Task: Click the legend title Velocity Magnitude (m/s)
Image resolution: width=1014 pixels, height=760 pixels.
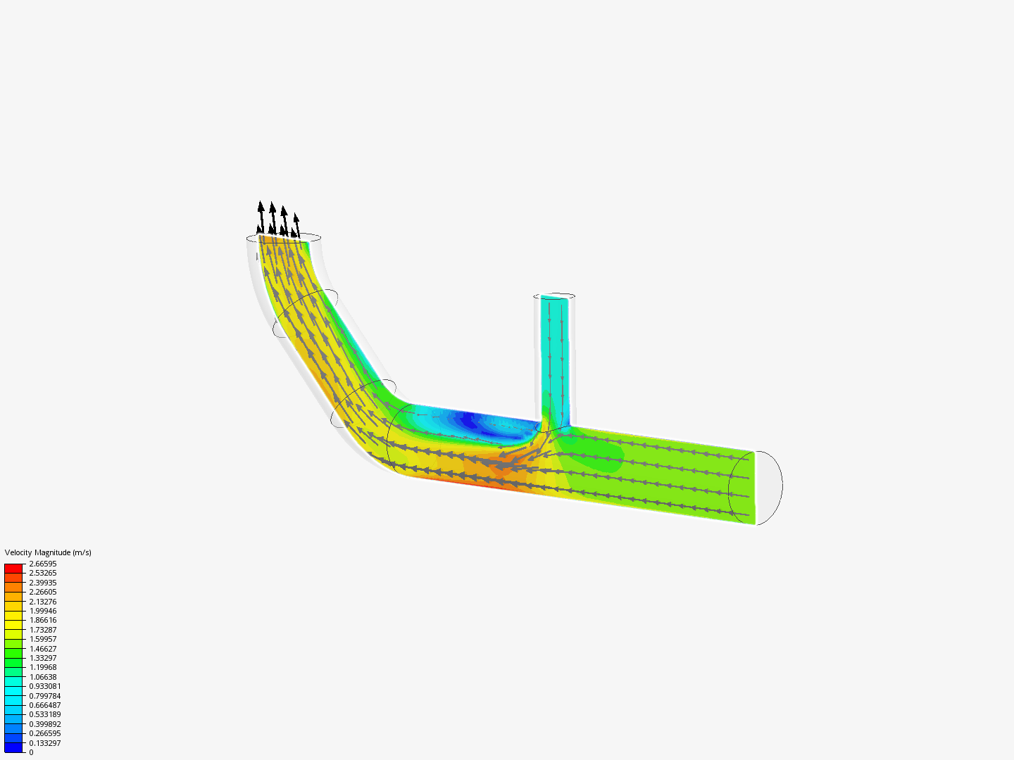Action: click(x=48, y=552)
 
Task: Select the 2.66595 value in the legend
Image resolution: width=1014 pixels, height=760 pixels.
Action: click(x=42, y=564)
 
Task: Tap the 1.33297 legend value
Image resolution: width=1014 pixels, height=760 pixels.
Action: click(x=42, y=658)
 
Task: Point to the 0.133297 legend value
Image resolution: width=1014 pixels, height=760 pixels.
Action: click(x=44, y=743)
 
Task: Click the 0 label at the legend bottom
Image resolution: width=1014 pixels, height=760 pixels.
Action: click(x=31, y=752)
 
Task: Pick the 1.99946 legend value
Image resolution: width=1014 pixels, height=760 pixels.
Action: click(x=42, y=611)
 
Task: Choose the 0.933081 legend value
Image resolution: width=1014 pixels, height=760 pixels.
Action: click(x=44, y=686)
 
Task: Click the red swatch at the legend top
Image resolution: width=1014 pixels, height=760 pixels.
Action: click(x=13, y=568)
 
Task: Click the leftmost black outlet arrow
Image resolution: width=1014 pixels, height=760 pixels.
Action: click(x=261, y=215)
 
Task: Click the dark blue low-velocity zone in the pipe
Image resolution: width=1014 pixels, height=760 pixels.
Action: click(x=468, y=422)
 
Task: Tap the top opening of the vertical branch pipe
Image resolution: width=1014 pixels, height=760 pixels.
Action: click(x=554, y=296)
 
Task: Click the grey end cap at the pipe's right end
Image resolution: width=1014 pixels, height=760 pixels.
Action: click(x=768, y=487)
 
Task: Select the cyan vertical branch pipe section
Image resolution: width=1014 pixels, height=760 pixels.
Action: click(x=554, y=352)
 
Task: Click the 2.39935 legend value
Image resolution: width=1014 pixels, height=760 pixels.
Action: click(x=42, y=583)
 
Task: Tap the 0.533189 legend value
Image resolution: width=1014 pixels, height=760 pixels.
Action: click(x=44, y=714)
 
